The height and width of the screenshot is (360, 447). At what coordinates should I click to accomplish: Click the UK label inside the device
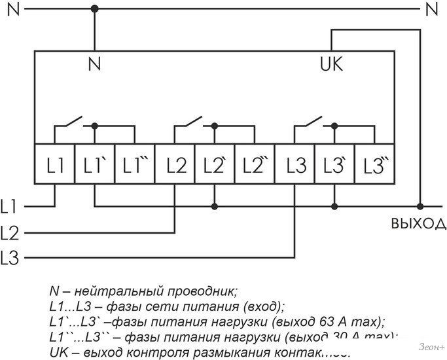(x=331, y=65)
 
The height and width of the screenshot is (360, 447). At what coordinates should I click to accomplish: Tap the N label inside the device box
(x=95, y=65)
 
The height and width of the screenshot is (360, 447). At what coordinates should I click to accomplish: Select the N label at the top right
(x=431, y=9)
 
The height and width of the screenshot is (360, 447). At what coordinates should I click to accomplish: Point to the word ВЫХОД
(x=418, y=225)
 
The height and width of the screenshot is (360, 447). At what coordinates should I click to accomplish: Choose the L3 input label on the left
(x=10, y=257)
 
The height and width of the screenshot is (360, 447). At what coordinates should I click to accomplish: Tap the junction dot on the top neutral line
(x=95, y=9)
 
